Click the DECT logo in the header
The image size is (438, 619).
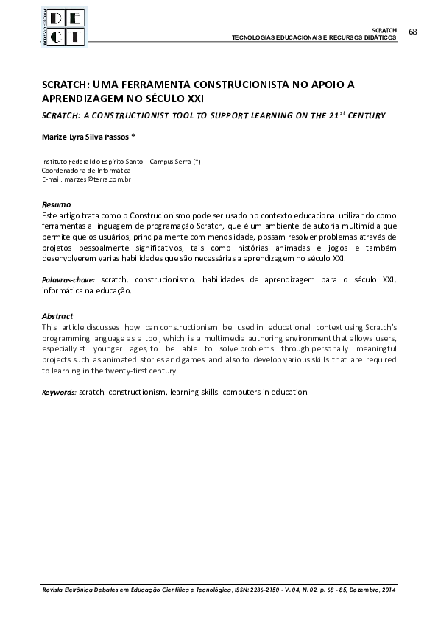pos(64,27)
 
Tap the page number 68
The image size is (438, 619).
pos(412,32)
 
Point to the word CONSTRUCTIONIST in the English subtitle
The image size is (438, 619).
pos(119,115)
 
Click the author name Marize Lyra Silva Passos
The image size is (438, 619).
pos(88,137)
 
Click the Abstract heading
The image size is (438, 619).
pos(57,315)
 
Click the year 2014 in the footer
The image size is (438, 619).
pos(388,590)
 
